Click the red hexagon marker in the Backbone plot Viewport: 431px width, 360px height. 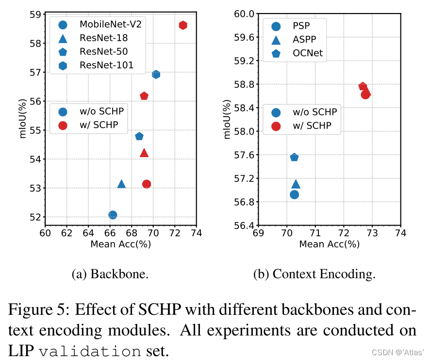(x=183, y=25)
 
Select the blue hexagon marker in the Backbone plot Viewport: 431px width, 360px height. (x=156, y=74)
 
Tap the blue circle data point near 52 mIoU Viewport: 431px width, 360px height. (x=113, y=215)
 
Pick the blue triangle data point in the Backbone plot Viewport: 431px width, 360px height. (x=121, y=184)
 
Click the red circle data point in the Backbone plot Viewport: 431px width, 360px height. (x=147, y=184)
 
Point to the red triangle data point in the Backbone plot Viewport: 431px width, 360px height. (x=144, y=153)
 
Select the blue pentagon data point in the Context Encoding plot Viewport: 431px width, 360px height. (x=294, y=157)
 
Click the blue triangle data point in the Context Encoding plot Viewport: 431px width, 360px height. (x=296, y=184)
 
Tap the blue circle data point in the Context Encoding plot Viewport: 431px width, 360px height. (x=294, y=195)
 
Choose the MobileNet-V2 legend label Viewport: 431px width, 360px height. (x=111, y=24)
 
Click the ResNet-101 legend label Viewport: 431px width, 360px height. (x=107, y=65)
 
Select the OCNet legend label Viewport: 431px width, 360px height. (x=308, y=53)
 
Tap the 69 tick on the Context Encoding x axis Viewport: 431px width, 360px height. (x=258, y=233)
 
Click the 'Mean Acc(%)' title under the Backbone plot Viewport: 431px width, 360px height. (x=120, y=244)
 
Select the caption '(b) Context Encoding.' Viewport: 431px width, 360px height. (x=315, y=274)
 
